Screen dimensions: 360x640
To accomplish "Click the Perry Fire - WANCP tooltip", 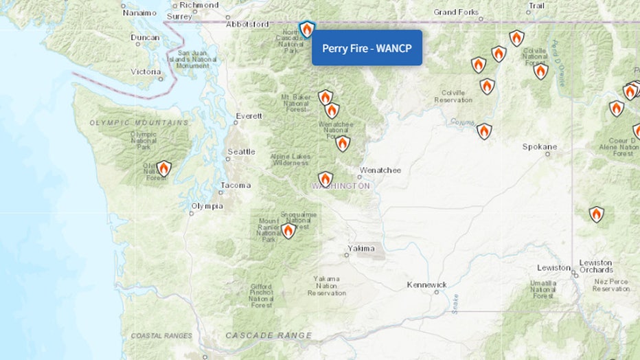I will [367, 48].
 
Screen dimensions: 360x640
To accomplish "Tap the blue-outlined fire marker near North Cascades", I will [307, 30].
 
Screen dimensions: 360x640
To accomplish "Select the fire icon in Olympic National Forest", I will [163, 168].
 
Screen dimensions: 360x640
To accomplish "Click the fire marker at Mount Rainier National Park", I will [288, 231].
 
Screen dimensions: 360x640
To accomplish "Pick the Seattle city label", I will [241, 152].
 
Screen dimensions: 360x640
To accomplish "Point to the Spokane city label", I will [540, 146].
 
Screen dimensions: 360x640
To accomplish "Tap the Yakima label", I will [361, 248].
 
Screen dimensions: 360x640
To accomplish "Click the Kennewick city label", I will [426, 284].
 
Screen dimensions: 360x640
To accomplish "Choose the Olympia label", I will [207, 206].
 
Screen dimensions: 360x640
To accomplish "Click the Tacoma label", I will [236, 185].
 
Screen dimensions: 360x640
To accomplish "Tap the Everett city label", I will [248, 116].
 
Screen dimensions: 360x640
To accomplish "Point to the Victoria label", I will [146, 71].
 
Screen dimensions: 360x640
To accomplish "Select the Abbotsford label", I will [248, 24].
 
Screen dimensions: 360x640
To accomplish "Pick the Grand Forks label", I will [456, 12].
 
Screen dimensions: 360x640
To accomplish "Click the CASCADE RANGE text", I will [269, 335].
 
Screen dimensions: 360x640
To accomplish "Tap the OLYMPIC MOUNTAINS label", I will [139, 122].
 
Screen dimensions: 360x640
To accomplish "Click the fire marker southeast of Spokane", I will [596, 214].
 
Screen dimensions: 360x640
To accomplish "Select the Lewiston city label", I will [554, 267].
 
